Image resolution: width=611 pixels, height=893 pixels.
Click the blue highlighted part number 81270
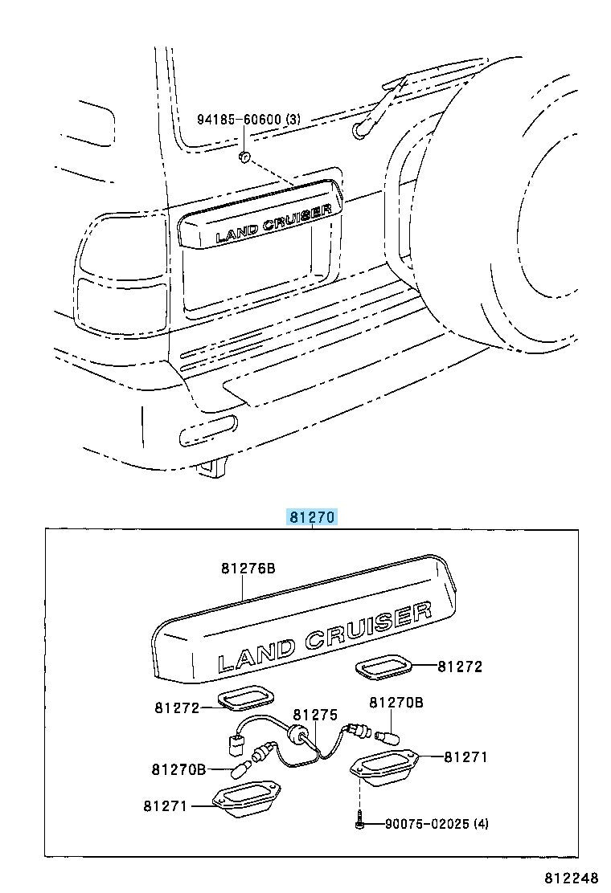click(x=313, y=517)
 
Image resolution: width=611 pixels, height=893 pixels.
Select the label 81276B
click(x=248, y=568)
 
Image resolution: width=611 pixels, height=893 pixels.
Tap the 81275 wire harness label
click(x=315, y=715)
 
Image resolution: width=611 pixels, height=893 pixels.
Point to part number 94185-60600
click(x=240, y=119)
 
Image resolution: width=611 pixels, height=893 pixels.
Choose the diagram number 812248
click(x=571, y=876)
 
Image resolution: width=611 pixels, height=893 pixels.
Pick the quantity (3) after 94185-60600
click(x=293, y=119)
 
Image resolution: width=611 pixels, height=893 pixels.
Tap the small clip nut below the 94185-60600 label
click(x=244, y=156)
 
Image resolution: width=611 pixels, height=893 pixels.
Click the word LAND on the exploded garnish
click(x=257, y=656)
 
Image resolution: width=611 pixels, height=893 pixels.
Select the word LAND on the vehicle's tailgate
click(x=237, y=233)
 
